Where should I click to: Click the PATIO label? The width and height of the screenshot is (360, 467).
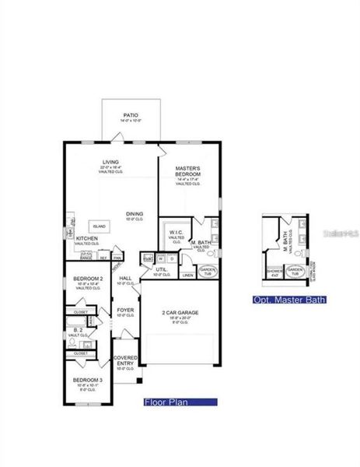point(130,114)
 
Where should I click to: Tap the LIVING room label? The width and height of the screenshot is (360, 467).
point(110,163)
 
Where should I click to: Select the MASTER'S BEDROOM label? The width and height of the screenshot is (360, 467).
point(187,169)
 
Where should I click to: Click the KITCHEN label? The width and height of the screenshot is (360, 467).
point(86,238)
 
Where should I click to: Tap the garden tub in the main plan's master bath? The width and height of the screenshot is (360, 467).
point(208,271)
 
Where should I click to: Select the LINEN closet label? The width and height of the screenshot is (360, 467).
point(187,275)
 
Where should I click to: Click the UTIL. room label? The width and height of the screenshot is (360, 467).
point(161,269)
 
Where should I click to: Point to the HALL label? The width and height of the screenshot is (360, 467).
point(125,278)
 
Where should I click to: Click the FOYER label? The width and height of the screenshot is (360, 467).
point(125,309)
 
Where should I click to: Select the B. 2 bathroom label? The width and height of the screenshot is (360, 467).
point(78,331)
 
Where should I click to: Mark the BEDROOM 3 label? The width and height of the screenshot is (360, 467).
point(86,380)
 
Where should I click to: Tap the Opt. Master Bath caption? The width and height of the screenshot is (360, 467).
point(289,300)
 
